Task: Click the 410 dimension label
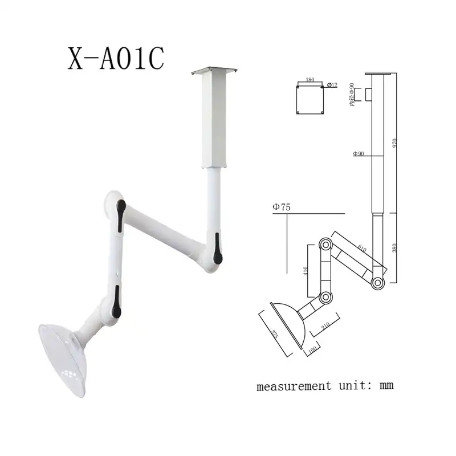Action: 306,270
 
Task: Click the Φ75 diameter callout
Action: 282,207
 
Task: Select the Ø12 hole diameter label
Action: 332,85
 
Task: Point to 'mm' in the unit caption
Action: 386,386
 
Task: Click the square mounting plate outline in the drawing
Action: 311,100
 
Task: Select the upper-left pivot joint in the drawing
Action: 325,244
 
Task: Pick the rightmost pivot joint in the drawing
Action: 377,282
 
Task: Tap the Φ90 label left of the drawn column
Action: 358,153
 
